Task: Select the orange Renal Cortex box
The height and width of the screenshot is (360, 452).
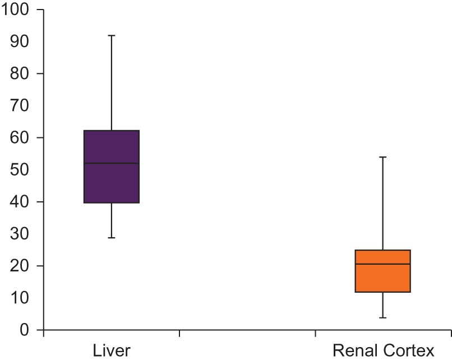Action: (383, 278)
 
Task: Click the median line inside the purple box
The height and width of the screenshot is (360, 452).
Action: (111, 163)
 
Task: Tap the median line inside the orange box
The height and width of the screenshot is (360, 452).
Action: (383, 264)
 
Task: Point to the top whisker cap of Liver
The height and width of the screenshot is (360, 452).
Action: (111, 35)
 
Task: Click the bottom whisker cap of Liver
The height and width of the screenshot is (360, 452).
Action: (111, 238)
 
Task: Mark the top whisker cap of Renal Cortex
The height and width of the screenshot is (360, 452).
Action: (383, 157)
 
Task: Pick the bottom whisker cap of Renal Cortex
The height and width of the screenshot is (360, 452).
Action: (383, 318)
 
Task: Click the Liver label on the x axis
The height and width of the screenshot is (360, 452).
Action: (111, 351)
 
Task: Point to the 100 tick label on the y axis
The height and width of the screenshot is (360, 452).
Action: (18, 10)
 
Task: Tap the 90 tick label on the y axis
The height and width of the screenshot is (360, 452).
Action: (21, 42)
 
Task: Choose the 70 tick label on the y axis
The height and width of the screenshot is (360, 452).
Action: (21, 106)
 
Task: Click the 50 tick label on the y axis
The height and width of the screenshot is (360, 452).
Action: (21, 170)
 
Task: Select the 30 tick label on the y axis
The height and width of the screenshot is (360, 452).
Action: (21, 234)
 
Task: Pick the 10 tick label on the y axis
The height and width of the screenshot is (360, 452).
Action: (21, 298)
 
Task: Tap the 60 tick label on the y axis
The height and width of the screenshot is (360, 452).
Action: (21, 138)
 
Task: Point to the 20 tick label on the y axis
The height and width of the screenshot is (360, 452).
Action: (21, 266)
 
